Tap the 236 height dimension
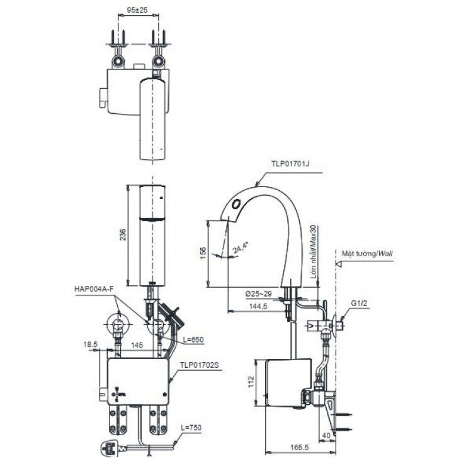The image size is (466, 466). tap(123, 234)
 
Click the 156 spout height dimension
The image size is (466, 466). tap(203, 251)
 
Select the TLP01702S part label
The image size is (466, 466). tap(199, 363)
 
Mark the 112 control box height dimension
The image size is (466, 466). tap(251, 382)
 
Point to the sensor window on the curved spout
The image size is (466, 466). tap(237, 203)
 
